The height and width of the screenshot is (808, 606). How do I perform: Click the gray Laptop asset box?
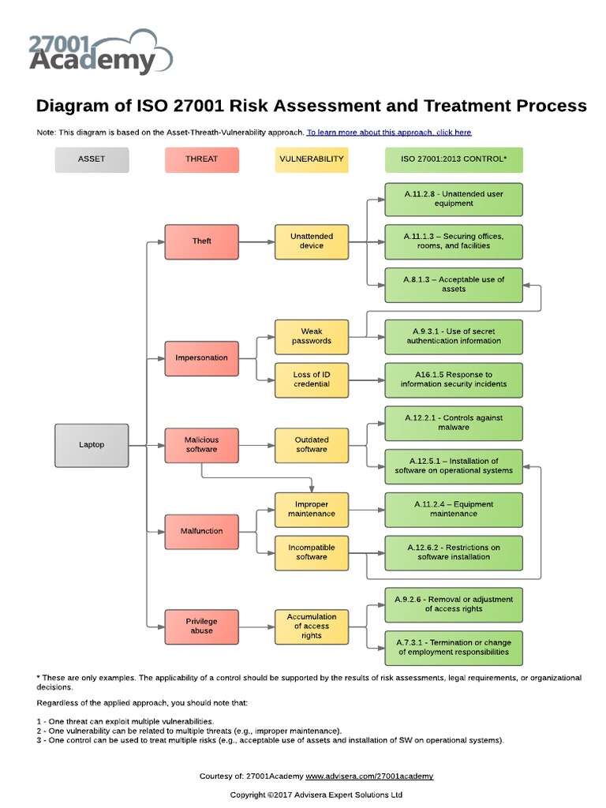pos(92,444)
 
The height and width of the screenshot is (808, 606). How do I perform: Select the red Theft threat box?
pos(201,241)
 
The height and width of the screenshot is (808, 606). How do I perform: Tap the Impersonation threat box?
pos(201,357)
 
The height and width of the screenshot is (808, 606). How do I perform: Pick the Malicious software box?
pos(201,444)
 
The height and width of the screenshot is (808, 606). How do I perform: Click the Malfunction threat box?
pos(201,531)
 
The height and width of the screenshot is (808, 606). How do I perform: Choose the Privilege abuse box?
pos(201,626)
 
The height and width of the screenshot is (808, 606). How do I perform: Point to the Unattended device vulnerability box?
pos(311,241)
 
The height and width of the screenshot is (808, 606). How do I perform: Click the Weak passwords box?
pos(311,336)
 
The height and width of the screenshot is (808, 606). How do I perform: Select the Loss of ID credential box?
pos(311,380)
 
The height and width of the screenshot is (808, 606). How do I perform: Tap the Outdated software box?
pos(311,444)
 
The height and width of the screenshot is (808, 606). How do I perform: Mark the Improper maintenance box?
pos(311,509)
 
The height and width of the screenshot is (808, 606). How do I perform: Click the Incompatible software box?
pos(311,552)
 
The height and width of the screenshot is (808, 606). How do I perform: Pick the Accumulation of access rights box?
pos(311,626)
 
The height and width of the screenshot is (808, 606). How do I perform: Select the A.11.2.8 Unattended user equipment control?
pos(453,199)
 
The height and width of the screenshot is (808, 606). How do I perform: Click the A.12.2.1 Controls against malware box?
pos(453,423)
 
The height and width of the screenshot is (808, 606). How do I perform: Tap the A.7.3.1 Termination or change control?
pos(453,647)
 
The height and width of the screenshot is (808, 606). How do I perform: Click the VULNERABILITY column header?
pos(311,159)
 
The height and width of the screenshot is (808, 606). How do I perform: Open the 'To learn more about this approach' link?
pos(389,133)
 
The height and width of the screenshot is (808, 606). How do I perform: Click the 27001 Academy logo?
pos(99,52)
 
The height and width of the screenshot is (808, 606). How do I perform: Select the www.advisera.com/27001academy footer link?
pos(368,776)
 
